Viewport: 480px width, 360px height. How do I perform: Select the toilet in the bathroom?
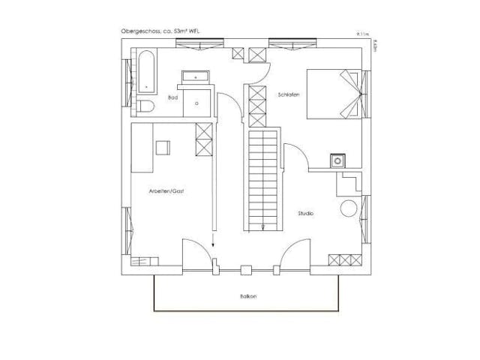[146, 106]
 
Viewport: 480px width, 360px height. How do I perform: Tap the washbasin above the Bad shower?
[196, 76]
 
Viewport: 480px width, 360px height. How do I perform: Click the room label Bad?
[172, 97]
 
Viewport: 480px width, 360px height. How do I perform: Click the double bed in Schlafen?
[336, 94]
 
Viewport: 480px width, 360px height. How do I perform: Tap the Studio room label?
[305, 214]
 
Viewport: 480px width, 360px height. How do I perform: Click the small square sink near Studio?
[339, 160]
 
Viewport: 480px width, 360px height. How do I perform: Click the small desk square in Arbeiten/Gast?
[163, 147]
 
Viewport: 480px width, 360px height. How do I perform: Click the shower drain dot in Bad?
[197, 100]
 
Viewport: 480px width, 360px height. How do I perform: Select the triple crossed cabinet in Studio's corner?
[346, 259]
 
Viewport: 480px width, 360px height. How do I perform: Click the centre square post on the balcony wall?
[245, 266]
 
